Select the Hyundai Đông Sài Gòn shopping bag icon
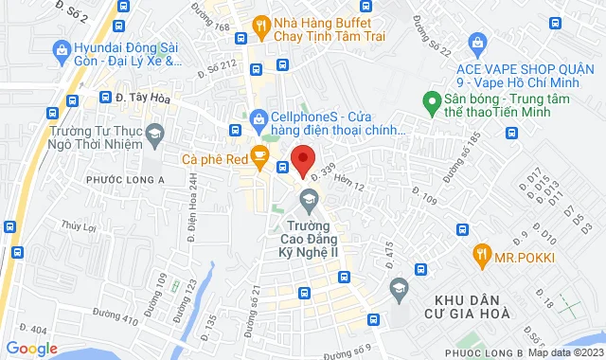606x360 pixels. [63, 48]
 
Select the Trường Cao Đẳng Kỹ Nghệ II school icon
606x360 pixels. [307, 199]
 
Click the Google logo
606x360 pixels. [31, 349]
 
